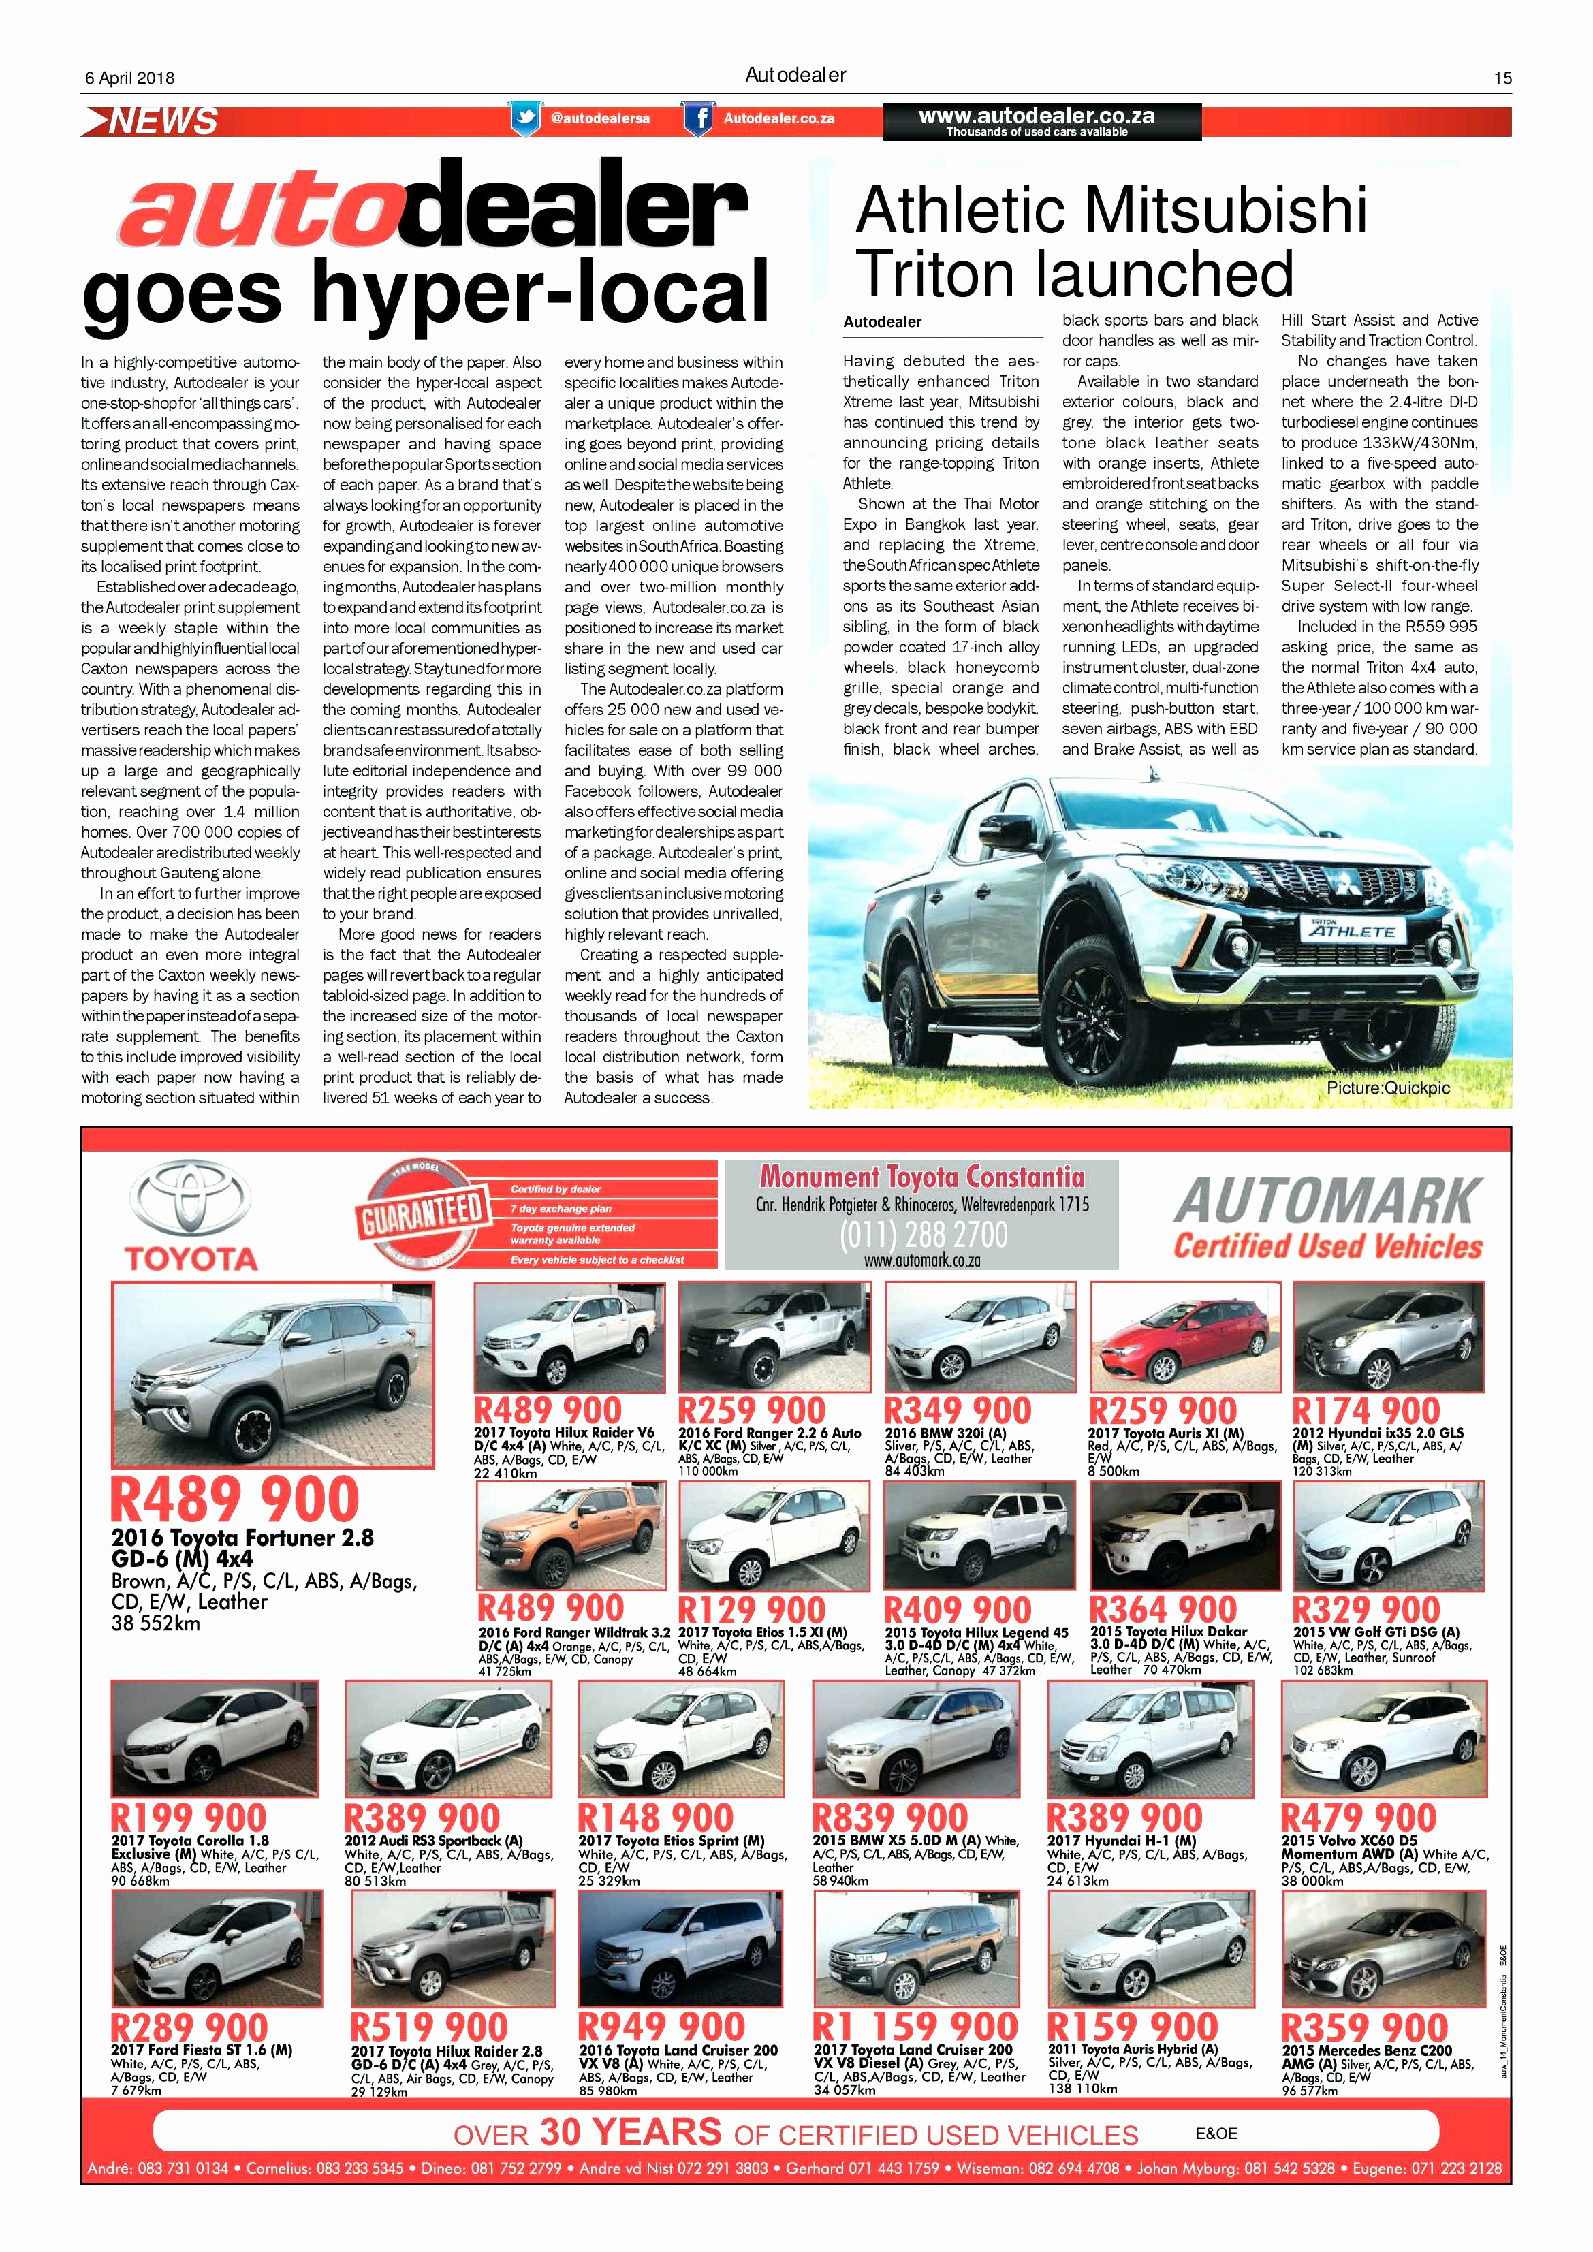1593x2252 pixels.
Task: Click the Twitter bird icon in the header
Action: (526, 118)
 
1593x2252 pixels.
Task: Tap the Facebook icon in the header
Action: (698, 118)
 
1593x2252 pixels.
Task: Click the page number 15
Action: (1502, 78)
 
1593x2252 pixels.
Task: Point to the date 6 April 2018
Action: (129, 78)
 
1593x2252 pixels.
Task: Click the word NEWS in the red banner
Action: (162, 122)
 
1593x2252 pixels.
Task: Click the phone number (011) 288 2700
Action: (923, 1234)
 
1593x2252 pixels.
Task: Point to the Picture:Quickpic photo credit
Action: (1387, 1088)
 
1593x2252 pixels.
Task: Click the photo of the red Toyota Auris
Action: (1185, 1336)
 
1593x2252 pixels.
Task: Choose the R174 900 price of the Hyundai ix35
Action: (1366, 1410)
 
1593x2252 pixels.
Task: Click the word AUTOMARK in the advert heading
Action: (1327, 1201)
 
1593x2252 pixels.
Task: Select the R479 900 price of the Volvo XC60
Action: (1359, 1818)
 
